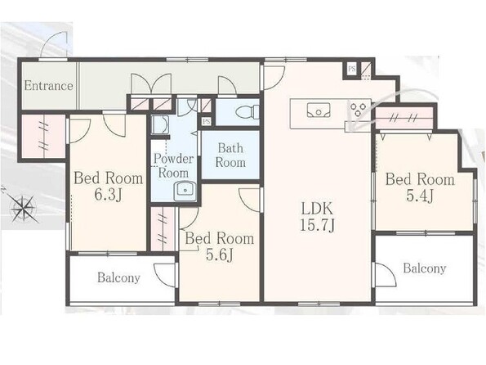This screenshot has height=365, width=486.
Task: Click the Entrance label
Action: (x=49, y=85)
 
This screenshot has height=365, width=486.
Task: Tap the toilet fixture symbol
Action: (x=247, y=111)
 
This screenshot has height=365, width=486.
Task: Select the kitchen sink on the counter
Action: (x=319, y=110)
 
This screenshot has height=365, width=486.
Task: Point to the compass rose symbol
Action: (x=24, y=208)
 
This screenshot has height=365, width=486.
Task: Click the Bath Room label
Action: (x=230, y=155)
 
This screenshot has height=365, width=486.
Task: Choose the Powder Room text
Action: (x=173, y=165)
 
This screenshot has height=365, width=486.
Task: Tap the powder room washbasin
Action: (x=185, y=191)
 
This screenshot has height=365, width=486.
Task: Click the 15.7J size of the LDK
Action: (x=317, y=225)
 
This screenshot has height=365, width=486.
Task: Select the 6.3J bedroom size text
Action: (x=108, y=195)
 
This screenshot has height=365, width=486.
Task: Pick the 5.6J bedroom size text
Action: (x=220, y=255)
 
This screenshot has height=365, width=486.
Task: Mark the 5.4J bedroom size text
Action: (x=419, y=196)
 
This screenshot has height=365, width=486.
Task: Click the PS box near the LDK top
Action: (x=351, y=69)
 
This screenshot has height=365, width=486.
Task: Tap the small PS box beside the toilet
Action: (x=206, y=121)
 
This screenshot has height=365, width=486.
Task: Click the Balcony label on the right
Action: (x=424, y=268)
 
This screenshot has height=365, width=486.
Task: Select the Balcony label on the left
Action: (x=118, y=277)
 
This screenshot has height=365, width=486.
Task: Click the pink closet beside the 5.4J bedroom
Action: (x=404, y=118)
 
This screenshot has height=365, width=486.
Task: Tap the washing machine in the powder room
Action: (x=159, y=125)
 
